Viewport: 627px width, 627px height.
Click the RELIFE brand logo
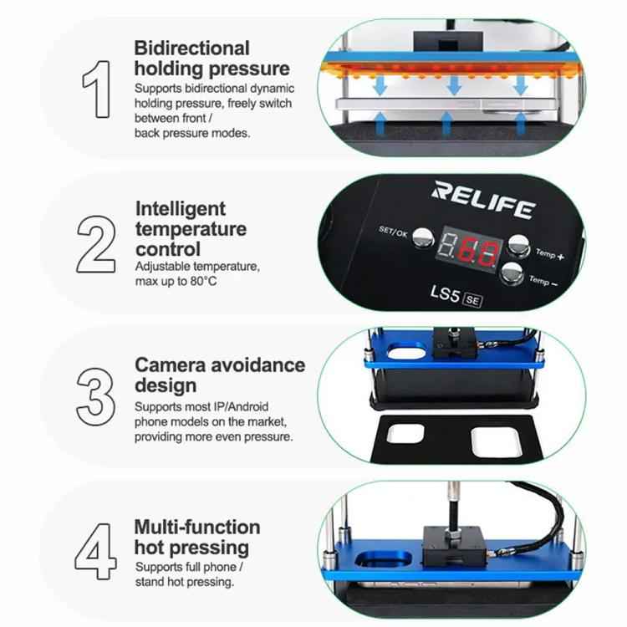click(x=482, y=200)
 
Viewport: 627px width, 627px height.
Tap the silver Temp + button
click(x=520, y=243)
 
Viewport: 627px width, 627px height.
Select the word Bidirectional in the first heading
click(x=191, y=48)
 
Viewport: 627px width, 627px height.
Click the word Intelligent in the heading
click(x=180, y=208)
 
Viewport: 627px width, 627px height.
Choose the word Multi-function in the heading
click(x=196, y=528)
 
